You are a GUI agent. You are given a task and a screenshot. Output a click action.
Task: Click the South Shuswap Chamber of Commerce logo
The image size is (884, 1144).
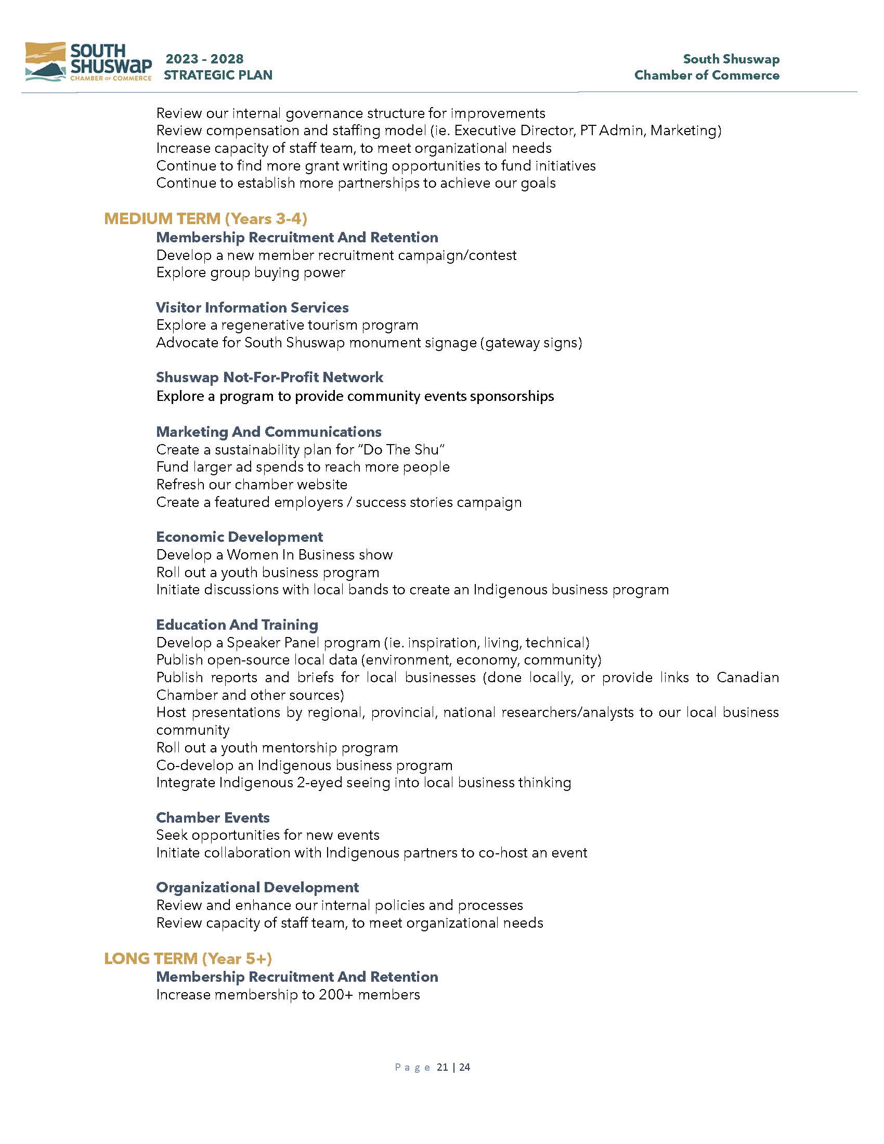[88, 62]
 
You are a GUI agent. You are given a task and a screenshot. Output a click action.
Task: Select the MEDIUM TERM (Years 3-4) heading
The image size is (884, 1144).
[205, 218]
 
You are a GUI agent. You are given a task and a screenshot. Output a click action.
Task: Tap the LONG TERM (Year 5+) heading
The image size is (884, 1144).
[188, 958]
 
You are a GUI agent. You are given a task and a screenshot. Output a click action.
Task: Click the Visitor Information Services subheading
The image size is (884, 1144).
[252, 307]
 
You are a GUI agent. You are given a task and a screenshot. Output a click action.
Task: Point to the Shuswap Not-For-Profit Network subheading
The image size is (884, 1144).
[269, 377]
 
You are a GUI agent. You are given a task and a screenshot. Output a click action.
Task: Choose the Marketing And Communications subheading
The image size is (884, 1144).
[269, 432]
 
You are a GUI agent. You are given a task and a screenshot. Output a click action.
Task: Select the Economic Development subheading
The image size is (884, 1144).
[239, 537]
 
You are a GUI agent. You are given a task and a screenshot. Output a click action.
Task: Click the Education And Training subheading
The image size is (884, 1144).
[237, 625]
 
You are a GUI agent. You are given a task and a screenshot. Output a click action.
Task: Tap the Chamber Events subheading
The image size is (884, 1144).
[213, 817]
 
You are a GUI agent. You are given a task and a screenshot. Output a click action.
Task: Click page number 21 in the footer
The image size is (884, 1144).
[442, 1067]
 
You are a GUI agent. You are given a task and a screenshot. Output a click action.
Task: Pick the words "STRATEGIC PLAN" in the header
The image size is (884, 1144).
[218, 75]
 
